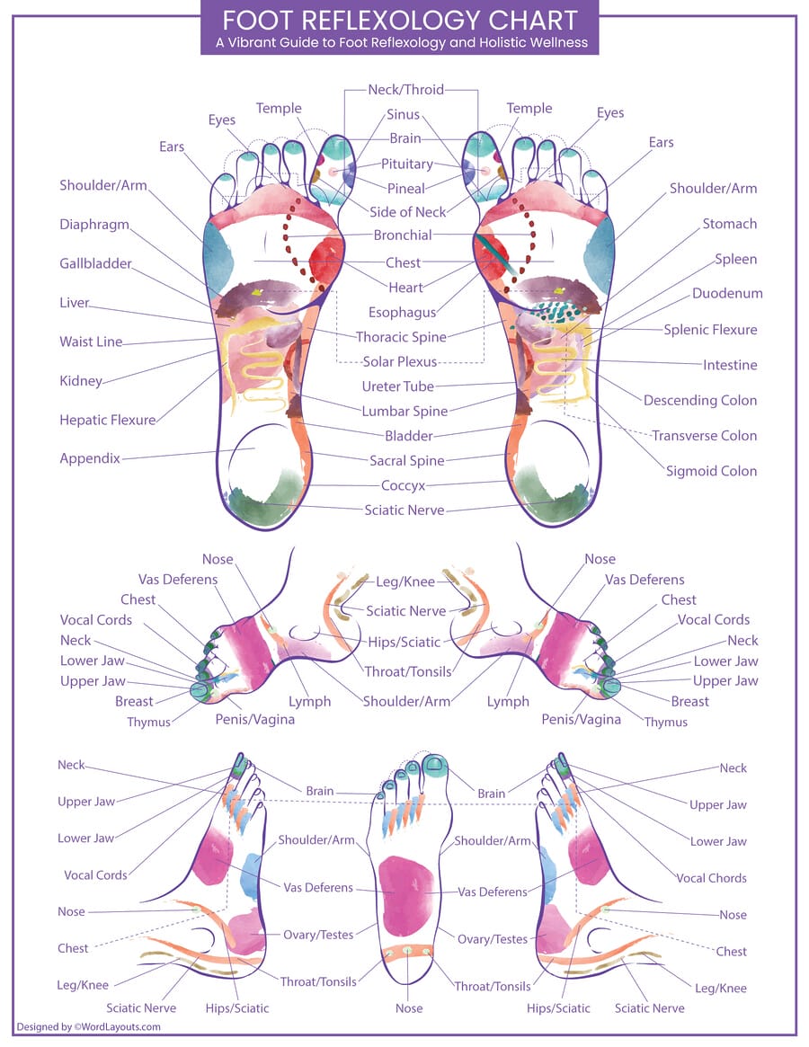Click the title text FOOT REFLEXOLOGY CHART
[399, 20]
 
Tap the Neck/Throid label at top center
[405, 90]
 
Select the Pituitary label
[406, 164]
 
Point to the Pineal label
[405, 189]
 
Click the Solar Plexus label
[400, 361]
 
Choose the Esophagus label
[402, 313]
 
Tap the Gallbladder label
[95, 263]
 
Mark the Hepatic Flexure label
[107, 420]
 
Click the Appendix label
[90, 457]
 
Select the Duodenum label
[727, 293]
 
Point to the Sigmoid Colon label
[711, 470]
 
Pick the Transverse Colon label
[704, 435]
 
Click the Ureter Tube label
[397, 386]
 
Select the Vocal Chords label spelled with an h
[711, 878]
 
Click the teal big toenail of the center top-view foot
[436, 765]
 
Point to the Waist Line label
[91, 342]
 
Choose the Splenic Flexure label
[710, 329]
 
